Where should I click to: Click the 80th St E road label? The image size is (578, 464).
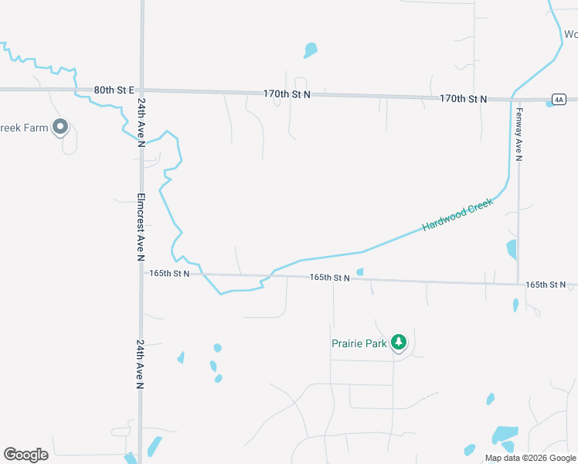pos(114,90)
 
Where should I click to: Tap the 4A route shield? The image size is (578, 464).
pos(559,99)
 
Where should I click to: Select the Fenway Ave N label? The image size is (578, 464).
pos(519,134)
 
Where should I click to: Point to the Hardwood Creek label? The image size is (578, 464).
pos(457,214)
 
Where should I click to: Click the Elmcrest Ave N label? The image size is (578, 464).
pos(141,227)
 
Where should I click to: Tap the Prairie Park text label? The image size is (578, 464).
pos(359,343)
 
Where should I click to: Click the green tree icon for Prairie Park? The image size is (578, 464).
pos(399,342)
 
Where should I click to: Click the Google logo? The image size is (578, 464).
pos(25,455)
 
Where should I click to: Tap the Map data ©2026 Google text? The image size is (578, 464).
pos(529,458)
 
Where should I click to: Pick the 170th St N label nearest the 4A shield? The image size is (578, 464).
pos(464,99)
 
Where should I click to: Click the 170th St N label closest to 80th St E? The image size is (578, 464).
pos(287,94)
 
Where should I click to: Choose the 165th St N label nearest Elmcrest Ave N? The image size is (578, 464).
pos(169,273)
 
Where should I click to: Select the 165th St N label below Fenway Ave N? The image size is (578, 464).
pos(546,285)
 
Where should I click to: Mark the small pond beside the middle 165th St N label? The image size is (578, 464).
pos(360,271)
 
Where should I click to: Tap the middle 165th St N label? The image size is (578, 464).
pos(330,277)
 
